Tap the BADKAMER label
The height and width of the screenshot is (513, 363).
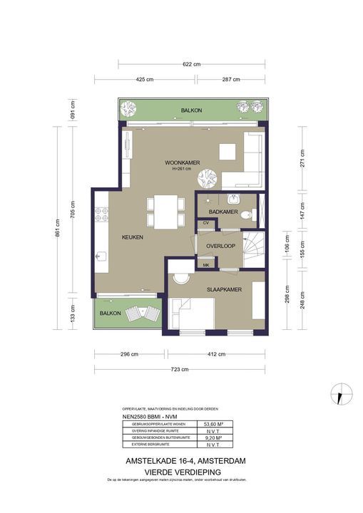(x=223, y=212)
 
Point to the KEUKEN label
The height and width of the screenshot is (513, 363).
(x=133, y=237)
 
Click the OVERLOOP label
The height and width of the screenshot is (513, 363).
(x=220, y=246)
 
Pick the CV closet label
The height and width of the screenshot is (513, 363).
(x=206, y=223)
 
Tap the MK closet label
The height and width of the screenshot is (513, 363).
(x=206, y=265)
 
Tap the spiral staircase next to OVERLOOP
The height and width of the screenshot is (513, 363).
(x=253, y=251)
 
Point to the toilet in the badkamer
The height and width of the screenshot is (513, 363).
(x=245, y=214)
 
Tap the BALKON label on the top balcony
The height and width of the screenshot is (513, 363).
(x=191, y=110)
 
